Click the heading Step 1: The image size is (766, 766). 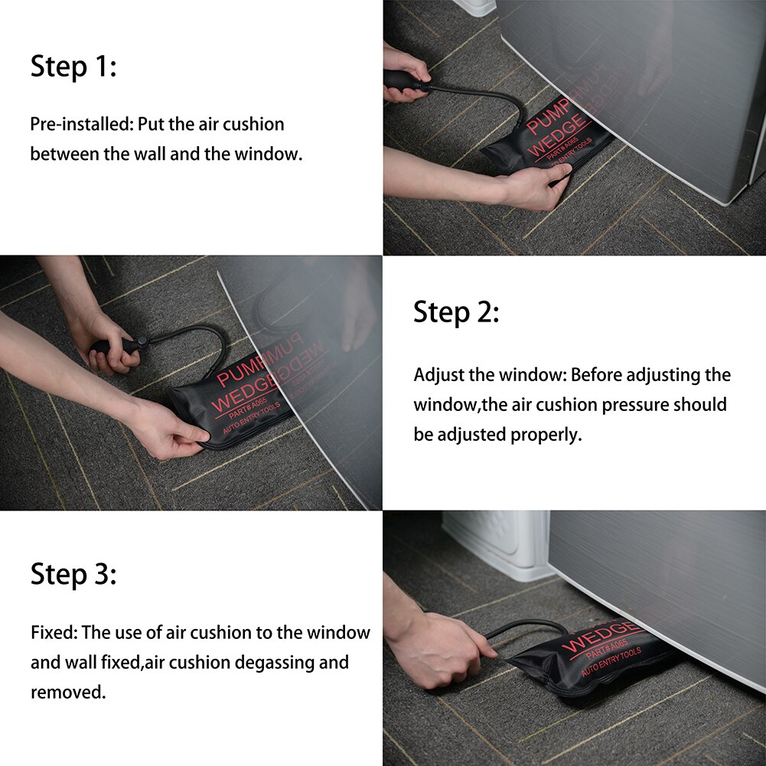73,67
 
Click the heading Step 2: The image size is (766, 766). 456,312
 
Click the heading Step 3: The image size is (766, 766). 73,573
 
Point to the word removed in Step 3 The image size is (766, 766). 67,692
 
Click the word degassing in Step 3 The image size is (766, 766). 289,662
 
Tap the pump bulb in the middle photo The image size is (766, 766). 115,346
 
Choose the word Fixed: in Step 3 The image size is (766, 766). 54,633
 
